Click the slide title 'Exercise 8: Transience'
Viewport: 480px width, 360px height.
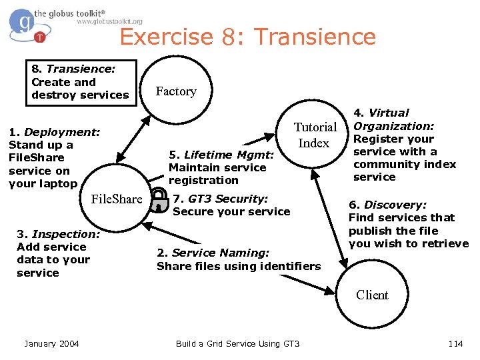pos(247,36)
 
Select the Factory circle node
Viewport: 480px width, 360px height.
pos(175,91)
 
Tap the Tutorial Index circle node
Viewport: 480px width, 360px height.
pos(315,135)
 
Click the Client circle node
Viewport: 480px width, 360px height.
pos(371,295)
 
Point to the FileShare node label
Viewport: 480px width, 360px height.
pos(116,199)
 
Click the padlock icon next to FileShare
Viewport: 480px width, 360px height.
pos(158,199)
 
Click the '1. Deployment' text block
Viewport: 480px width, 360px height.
pos(53,158)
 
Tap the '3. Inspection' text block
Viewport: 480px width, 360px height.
pos(57,253)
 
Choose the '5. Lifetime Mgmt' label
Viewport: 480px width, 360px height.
pos(221,167)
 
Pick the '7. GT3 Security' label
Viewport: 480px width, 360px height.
pos(231,205)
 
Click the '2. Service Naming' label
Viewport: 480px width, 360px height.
pos(238,259)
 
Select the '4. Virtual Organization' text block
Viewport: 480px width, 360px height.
pos(404,145)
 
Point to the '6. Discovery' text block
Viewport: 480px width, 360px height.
pos(408,224)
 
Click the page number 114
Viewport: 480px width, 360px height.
pos(455,343)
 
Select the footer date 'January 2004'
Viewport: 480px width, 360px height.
pos(51,343)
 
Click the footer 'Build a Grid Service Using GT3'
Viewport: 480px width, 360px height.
pos(237,343)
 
